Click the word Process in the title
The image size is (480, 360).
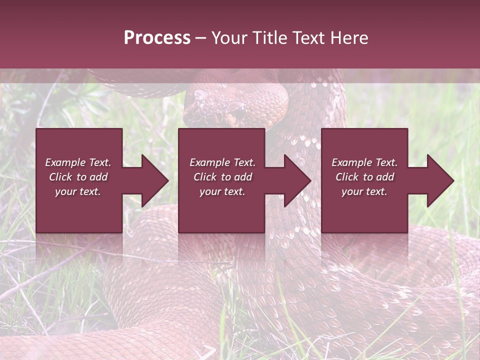[x=157, y=38]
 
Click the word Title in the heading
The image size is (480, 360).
[x=268, y=38]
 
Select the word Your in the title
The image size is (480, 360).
[x=230, y=38]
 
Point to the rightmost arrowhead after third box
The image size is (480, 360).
[x=439, y=180]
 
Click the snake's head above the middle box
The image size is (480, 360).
[x=220, y=107]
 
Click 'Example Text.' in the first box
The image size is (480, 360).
[x=78, y=162]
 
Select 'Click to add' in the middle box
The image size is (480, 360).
[x=222, y=177]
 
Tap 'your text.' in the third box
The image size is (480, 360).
[x=364, y=191]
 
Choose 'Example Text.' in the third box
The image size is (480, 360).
[x=364, y=162]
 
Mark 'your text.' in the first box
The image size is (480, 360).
[x=78, y=191]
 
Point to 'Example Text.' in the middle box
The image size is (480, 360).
[x=222, y=162]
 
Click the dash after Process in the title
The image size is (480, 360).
[x=200, y=38]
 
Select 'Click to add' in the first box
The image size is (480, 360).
[x=78, y=177]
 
